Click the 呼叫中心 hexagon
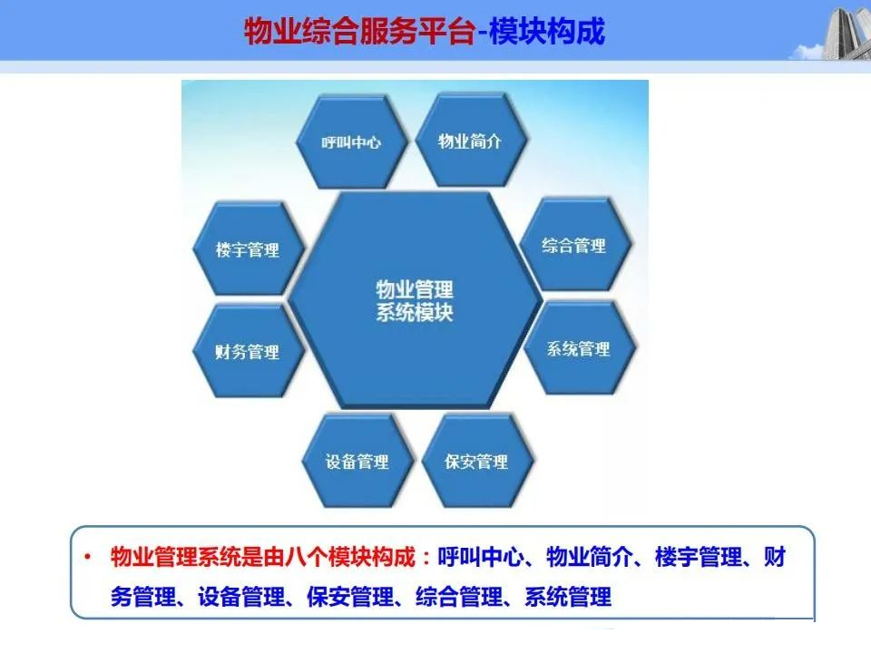[x=351, y=141]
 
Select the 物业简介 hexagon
[x=470, y=141]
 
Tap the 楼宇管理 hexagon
[x=248, y=249]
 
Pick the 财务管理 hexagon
[x=248, y=352]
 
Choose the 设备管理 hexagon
[x=357, y=462]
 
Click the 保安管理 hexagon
[x=476, y=462]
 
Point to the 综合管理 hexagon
[x=574, y=245]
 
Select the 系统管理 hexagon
[x=579, y=348]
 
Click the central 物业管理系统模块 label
[x=415, y=301]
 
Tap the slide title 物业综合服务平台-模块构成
[x=425, y=31]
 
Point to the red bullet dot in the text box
[x=87, y=556]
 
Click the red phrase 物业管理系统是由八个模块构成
[x=263, y=556]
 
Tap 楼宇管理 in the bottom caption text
[x=699, y=556]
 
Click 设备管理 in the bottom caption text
[x=241, y=597]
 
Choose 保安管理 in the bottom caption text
[x=350, y=597]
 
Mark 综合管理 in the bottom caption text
[x=459, y=597]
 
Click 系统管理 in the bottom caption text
[x=568, y=597]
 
